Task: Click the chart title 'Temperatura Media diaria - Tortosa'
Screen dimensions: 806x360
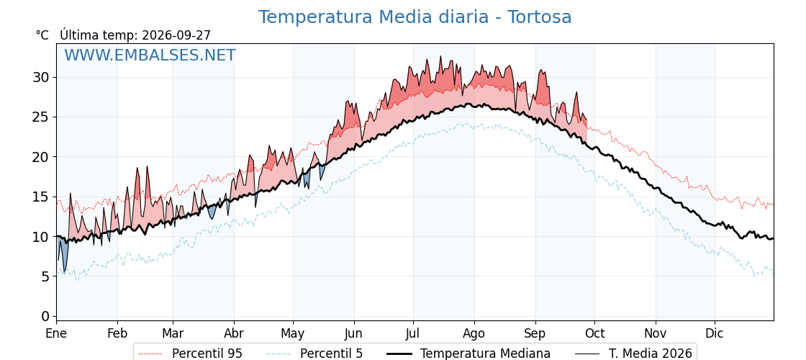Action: pos(415,17)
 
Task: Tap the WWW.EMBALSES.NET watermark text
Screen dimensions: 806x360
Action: pos(150,55)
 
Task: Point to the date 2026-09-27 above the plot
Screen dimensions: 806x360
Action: pos(176,35)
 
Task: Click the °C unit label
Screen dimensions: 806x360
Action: pos(42,35)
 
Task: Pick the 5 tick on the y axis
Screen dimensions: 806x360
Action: pos(46,276)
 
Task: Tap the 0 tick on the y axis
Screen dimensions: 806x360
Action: pos(46,316)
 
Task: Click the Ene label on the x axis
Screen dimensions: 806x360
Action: pos(56,333)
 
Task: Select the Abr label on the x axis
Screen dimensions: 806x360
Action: pos(234,333)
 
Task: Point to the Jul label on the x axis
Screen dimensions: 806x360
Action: pos(413,333)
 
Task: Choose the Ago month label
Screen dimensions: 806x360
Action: pos(474,334)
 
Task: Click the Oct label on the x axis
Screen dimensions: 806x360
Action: pos(594,333)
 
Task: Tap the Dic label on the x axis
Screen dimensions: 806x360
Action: pos(715,333)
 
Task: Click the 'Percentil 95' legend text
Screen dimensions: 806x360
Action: pos(207,354)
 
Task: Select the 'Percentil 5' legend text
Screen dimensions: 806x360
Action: pos(331,354)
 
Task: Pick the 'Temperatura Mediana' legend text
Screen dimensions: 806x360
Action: pos(485,354)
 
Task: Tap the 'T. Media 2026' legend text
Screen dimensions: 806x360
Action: pos(651,354)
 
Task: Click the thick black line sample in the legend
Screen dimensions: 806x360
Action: pos(399,354)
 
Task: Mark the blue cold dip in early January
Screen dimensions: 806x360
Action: pos(62,253)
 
